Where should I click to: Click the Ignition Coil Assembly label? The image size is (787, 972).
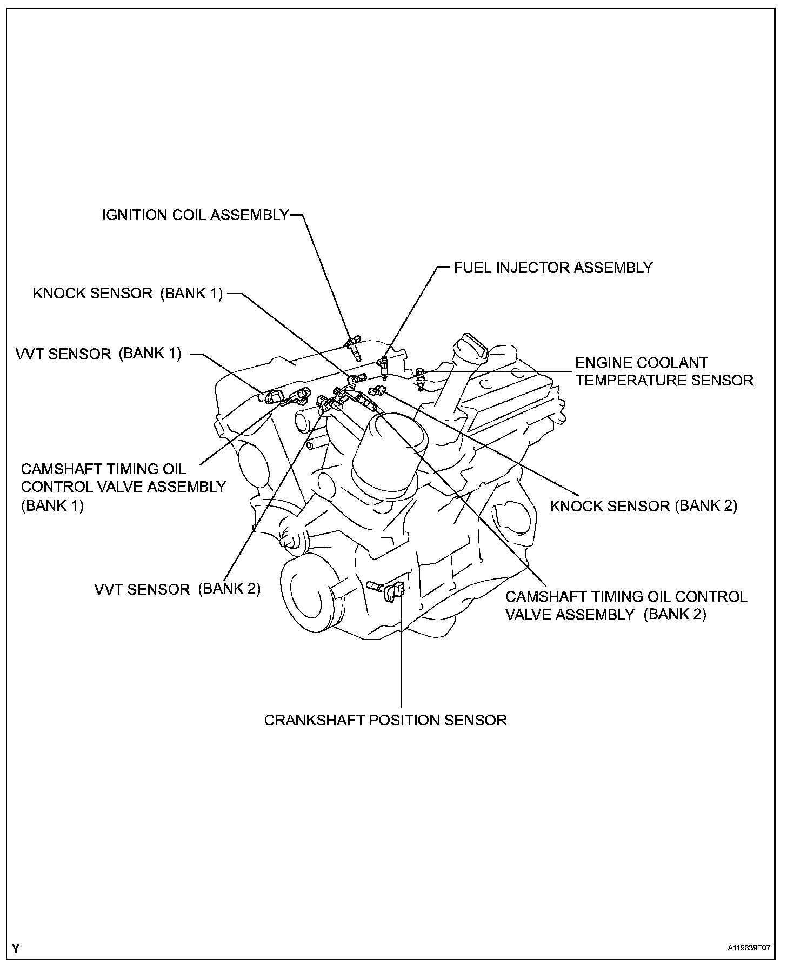click(x=196, y=215)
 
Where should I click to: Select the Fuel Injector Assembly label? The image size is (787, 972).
click(x=553, y=267)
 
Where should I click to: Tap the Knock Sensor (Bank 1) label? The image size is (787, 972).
click(x=128, y=294)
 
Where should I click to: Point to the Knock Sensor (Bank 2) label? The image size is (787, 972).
click(x=643, y=506)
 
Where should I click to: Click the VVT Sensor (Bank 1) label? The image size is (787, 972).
click(x=98, y=354)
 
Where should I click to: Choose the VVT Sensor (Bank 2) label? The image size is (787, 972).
click(x=177, y=589)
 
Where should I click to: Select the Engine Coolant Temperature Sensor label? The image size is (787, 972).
click(x=663, y=371)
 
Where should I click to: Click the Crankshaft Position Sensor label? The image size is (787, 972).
click(x=385, y=720)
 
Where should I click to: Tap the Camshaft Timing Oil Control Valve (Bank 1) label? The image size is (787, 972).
click(x=123, y=487)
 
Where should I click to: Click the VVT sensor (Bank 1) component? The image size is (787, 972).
click(x=275, y=396)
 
